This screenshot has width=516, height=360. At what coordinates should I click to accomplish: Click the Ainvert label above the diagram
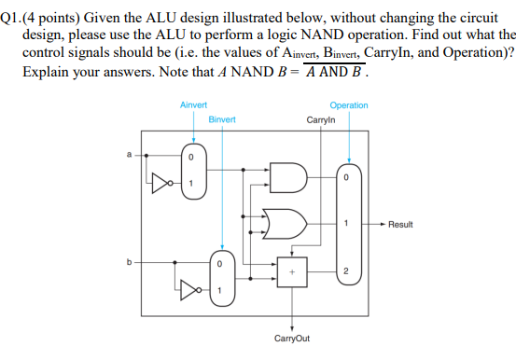pyautogui.click(x=193, y=106)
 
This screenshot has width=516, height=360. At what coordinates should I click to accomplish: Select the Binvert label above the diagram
pyautogui.click(x=222, y=119)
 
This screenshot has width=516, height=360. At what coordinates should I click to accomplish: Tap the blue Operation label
pyautogui.click(x=349, y=106)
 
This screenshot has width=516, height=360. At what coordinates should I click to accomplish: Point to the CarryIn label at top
pyautogui.click(x=320, y=119)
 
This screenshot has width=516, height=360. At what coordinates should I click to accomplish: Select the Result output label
pyautogui.click(x=401, y=224)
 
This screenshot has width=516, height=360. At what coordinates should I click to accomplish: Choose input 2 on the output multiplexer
pyautogui.click(x=346, y=270)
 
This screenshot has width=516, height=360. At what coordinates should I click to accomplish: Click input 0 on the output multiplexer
pyautogui.click(x=346, y=176)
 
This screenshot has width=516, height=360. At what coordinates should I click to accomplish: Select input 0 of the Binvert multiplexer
pyautogui.click(x=220, y=263)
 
